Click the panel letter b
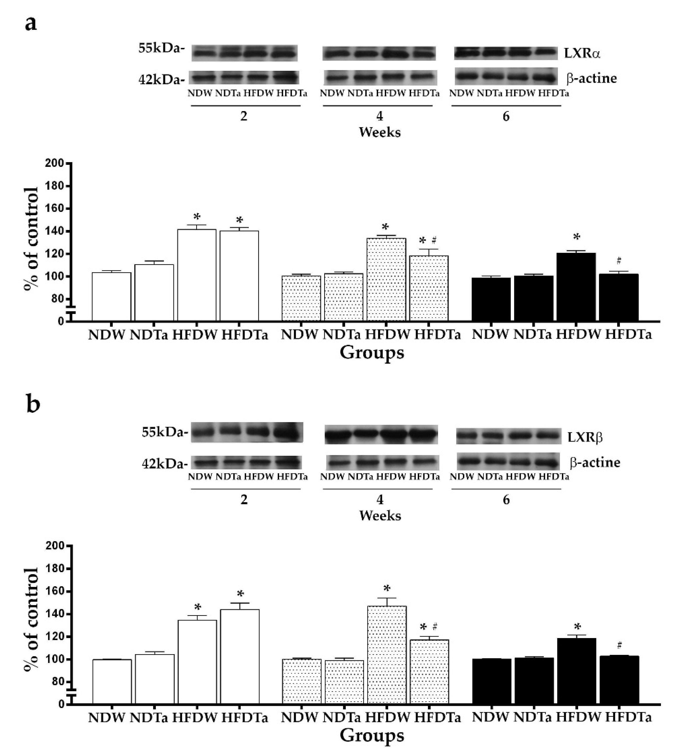pyautogui.click(x=33, y=405)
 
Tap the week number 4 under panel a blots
pyautogui.click(x=380, y=116)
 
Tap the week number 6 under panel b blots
pyautogui.click(x=506, y=500)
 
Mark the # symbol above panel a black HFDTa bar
pyautogui.click(x=618, y=261)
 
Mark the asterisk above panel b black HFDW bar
pyautogui.click(x=577, y=627)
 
